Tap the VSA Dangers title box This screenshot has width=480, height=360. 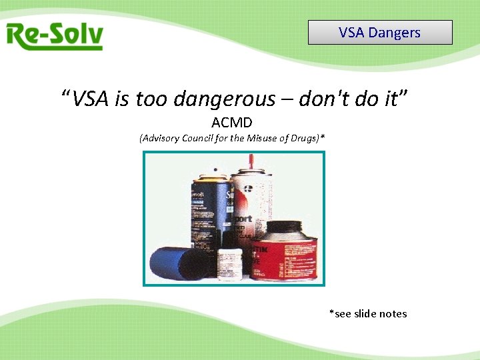(x=380, y=32)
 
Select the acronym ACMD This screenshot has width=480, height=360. (x=231, y=123)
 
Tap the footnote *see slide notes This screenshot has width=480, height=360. (x=368, y=313)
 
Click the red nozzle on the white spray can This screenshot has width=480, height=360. (x=251, y=162)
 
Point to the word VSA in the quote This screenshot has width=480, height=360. (x=91, y=99)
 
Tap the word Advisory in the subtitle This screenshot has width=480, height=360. (x=161, y=139)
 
